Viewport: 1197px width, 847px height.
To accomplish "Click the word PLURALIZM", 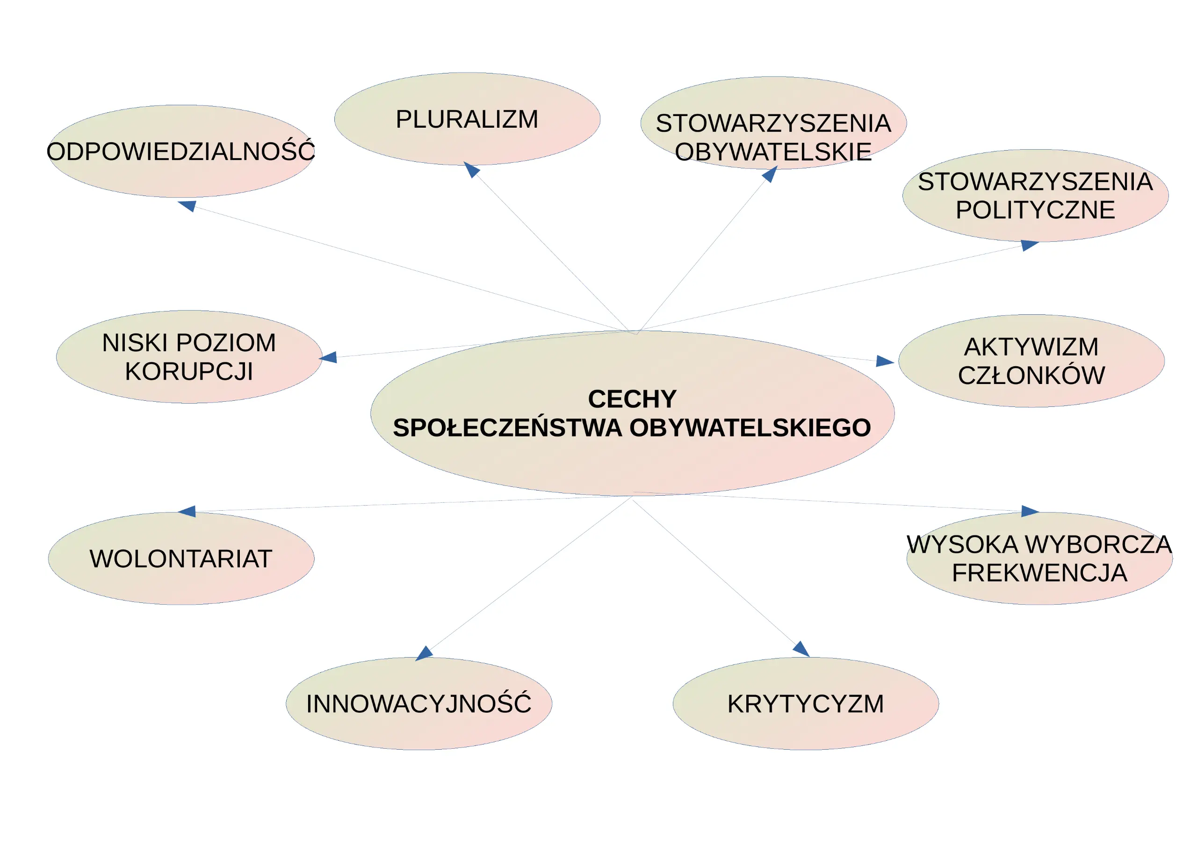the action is [467, 119].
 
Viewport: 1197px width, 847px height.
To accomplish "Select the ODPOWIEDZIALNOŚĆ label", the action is [181, 151].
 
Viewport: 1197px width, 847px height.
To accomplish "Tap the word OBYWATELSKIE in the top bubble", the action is [773, 152].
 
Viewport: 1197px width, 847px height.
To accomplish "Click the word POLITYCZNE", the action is [1035, 210].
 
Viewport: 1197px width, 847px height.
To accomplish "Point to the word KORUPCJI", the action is [189, 371].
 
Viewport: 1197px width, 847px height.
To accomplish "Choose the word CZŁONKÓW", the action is [1031, 375].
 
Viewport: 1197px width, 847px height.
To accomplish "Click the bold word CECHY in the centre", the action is [632, 399].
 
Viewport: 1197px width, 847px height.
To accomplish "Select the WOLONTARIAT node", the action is [181, 558].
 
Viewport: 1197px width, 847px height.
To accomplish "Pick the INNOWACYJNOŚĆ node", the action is [418, 703].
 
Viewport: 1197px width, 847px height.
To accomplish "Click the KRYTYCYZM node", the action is [806, 703].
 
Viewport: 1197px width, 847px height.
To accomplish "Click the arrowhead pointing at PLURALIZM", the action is [471, 169].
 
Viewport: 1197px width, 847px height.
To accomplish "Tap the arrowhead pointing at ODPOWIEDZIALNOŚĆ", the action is [187, 205].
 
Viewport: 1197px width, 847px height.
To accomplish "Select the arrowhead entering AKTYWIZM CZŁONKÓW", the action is [885, 361].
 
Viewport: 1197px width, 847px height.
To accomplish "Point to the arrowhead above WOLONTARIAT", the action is [187, 511].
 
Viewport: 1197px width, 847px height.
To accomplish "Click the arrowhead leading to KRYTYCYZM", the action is [801, 649].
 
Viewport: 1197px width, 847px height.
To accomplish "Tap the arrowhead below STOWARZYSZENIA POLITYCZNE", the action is [1030, 245].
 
